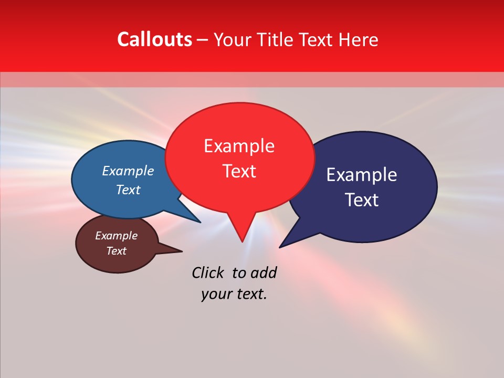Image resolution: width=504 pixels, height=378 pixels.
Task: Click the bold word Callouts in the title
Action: tap(154, 40)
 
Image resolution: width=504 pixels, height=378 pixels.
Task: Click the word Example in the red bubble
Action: tap(239, 146)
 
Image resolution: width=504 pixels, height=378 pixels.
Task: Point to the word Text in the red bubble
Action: tap(239, 171)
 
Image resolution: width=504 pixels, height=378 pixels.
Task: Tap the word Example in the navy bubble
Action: tap(362, 175)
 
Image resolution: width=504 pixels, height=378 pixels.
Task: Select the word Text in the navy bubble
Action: tap(362, 200)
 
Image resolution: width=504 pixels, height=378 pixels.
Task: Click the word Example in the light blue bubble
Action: tap(128, 171)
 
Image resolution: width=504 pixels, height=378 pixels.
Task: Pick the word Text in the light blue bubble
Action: tap(128, 190)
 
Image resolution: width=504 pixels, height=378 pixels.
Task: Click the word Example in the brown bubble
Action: tap(117, 236)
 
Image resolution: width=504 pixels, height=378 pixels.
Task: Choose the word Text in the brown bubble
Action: tap(117, 251)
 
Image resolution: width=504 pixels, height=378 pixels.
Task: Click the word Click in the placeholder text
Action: tap(207, 273)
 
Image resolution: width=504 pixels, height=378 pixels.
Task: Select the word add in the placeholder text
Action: tap(264, 273)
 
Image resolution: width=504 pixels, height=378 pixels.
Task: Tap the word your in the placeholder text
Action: tap(216, 294)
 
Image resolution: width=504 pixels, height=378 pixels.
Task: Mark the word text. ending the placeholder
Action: tap(251, 294)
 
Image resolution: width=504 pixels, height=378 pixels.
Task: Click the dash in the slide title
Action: tap(203, 40)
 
